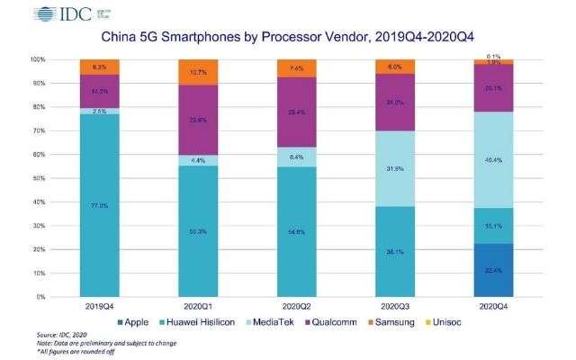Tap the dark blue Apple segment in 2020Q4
click(x=493, y=269)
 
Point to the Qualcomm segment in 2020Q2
click(x=298, y=112)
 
